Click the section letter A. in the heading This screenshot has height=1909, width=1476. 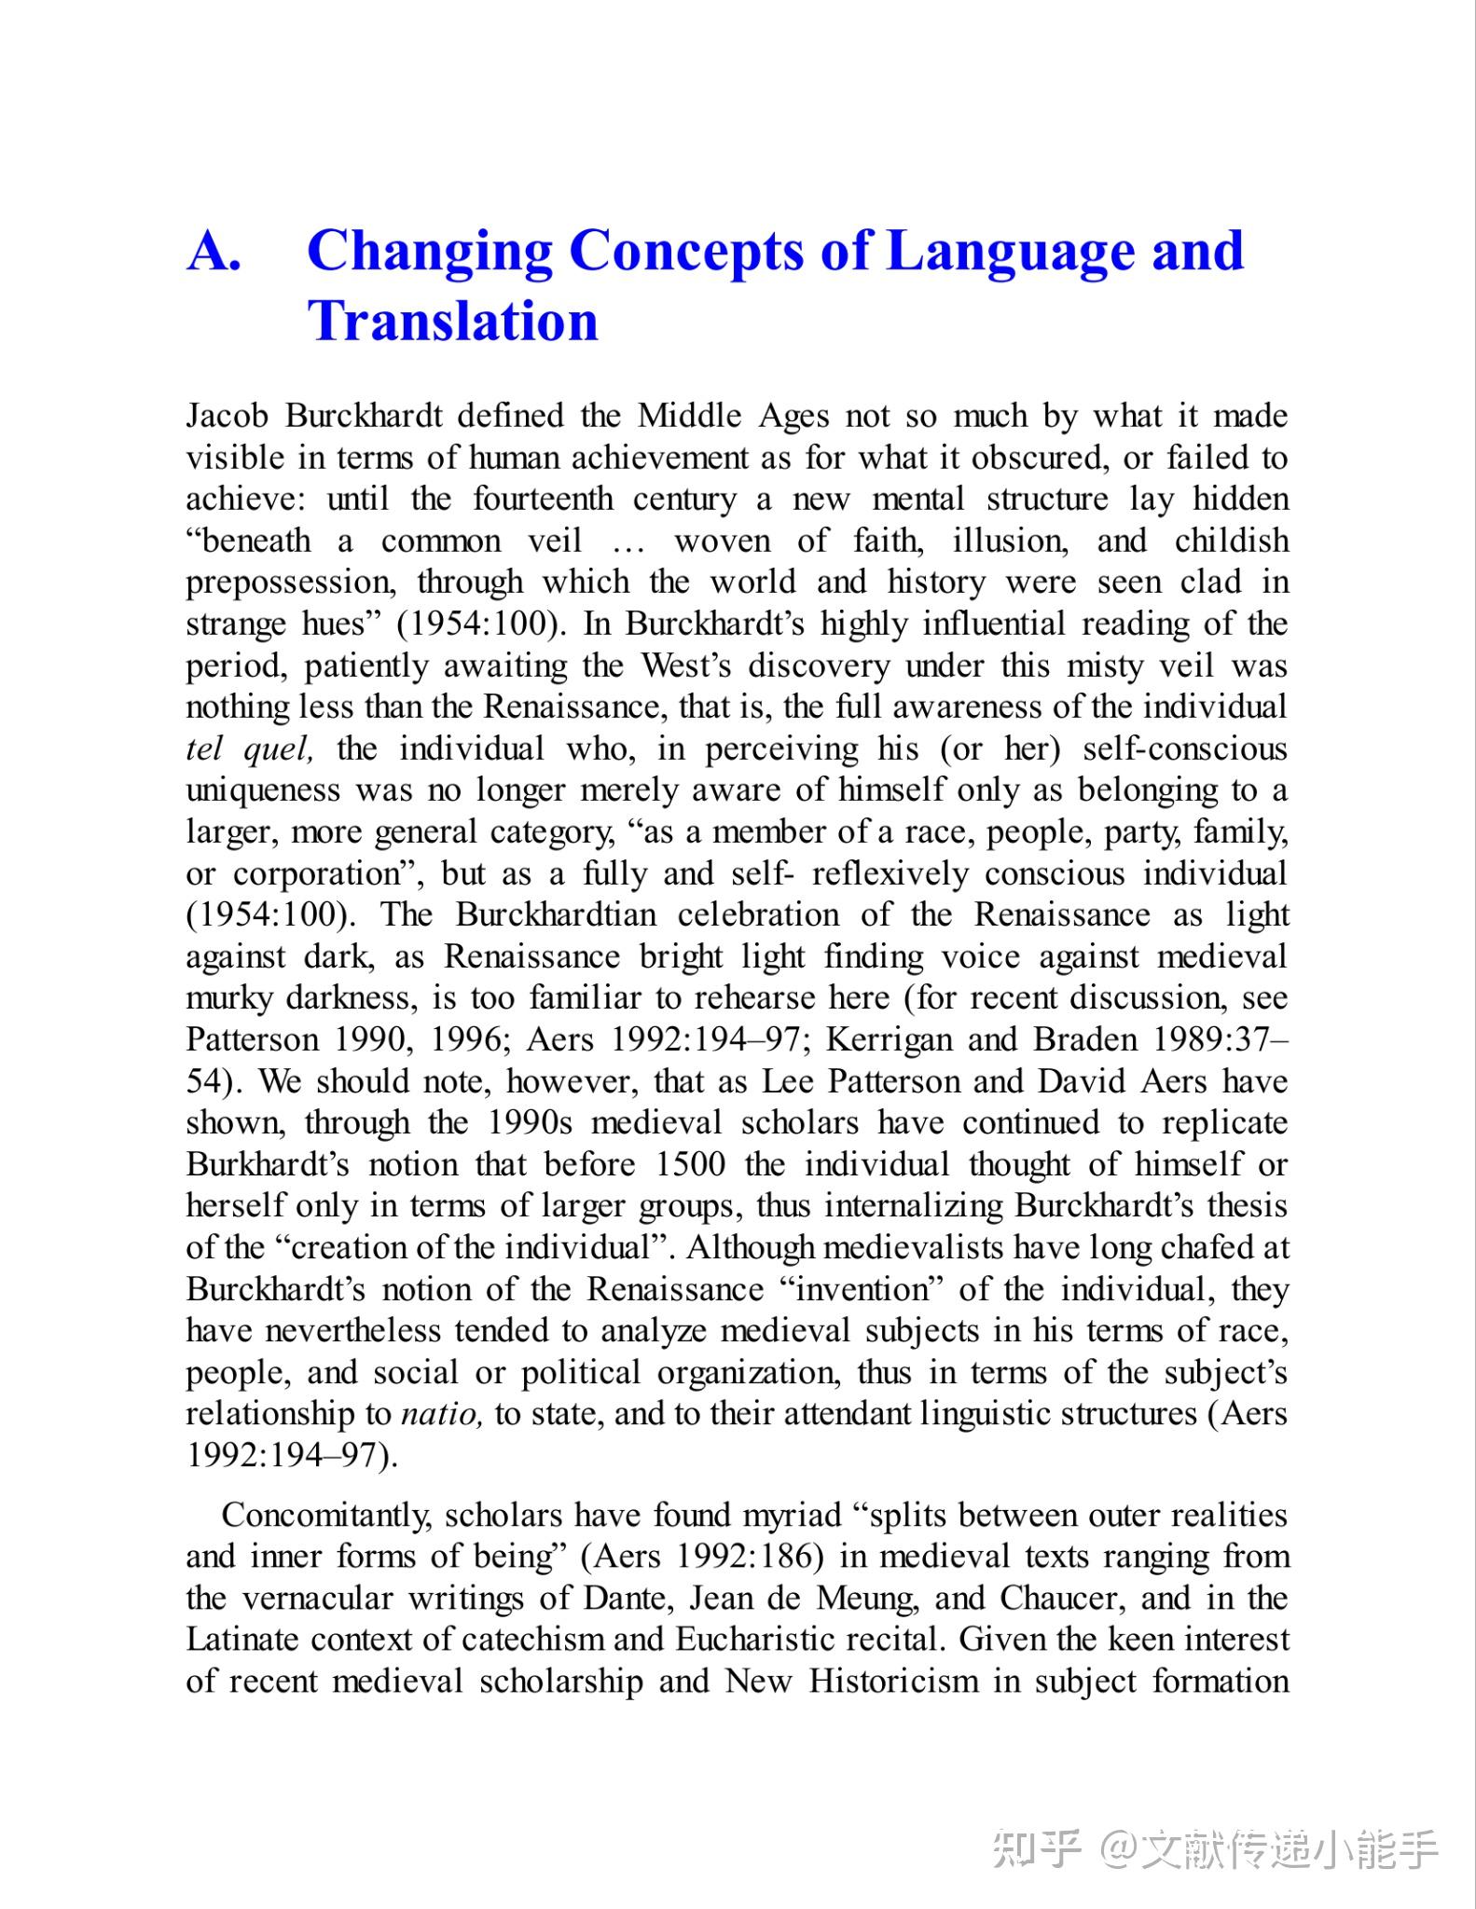pyautogui.click(x=214, y=251)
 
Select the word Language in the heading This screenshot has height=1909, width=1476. pyautogui.click(x=1009, y=251)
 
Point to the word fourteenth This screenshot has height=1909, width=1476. pyautogui.click(x=543, y=499)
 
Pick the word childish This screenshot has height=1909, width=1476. pyautogui.click(x=1232, y=541)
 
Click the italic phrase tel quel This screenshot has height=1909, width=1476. pyautogui.click(x=249, y=748)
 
